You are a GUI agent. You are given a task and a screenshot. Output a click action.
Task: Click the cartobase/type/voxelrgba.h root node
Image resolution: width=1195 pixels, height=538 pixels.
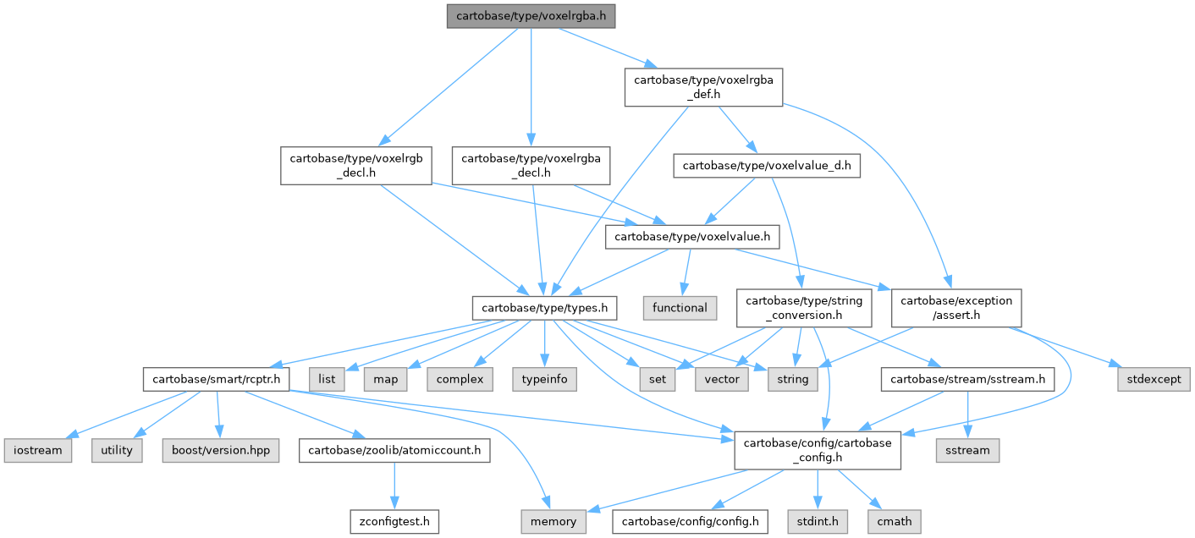click(x=531, y=16)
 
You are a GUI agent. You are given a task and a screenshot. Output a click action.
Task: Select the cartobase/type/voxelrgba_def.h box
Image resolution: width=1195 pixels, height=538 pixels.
click(x=703, y=86)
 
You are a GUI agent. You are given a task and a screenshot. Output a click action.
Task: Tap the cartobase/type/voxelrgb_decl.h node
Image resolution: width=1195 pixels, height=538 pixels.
click(x=355, y=166)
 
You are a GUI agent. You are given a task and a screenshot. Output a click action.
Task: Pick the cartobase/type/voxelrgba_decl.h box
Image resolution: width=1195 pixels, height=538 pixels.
click(x=531, y=166)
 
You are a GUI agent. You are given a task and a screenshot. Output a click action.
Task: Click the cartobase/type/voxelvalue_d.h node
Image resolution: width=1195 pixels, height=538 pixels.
click(x=767, y=167)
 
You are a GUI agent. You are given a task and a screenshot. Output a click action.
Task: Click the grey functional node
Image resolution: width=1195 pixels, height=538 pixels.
click(x=680, y=308)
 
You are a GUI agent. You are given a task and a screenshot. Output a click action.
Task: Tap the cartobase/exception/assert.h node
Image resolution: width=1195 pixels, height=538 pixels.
click(x=956, y=308)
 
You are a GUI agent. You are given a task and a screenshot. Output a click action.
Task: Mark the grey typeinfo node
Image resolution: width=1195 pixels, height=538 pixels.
click(x=544, y=379)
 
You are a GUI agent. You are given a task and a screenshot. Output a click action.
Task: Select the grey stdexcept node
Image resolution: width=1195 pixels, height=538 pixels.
click(x=1154, y=379)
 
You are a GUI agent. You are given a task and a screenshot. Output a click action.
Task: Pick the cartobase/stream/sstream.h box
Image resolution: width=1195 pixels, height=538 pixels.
click(x=967, y=379)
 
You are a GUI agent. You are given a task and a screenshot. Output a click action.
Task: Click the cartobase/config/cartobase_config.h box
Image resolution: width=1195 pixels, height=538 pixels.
click(x=817, y=450)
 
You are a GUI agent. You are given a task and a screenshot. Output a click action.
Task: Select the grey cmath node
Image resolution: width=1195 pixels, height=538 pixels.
click(x=895, y=521)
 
